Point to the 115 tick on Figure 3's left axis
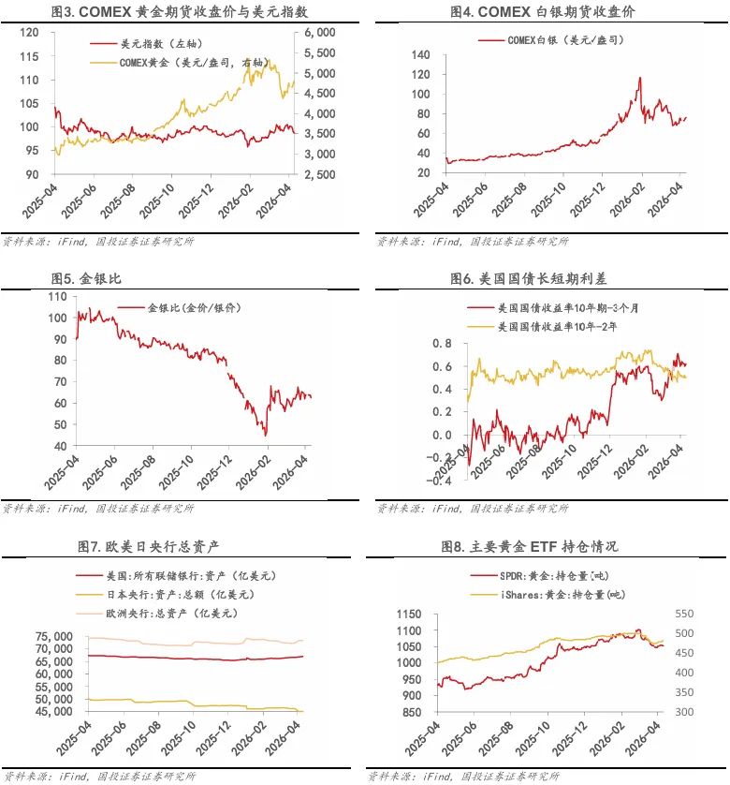[x=28, y=55]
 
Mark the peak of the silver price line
[x=639, y=78]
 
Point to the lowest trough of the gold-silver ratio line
[x=266, y=435]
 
